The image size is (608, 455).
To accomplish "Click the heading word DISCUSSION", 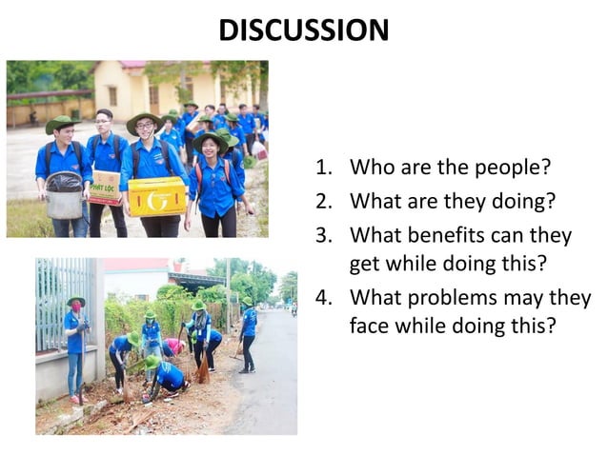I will tap(303, 30).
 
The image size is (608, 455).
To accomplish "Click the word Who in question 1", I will tap(371, 168).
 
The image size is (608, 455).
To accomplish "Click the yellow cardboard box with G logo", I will tap(157, 195).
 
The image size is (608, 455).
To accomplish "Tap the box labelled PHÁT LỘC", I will tap(105, 187).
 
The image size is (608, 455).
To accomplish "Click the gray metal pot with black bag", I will tap(64, 194).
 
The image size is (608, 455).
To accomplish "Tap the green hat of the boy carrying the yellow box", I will tap(143, 120).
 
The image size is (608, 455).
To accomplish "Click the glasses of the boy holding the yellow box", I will tap(145, 129).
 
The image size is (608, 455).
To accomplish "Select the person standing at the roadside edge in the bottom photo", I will tap(248, 333).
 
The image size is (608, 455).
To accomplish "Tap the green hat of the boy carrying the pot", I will tap(61, 123).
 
